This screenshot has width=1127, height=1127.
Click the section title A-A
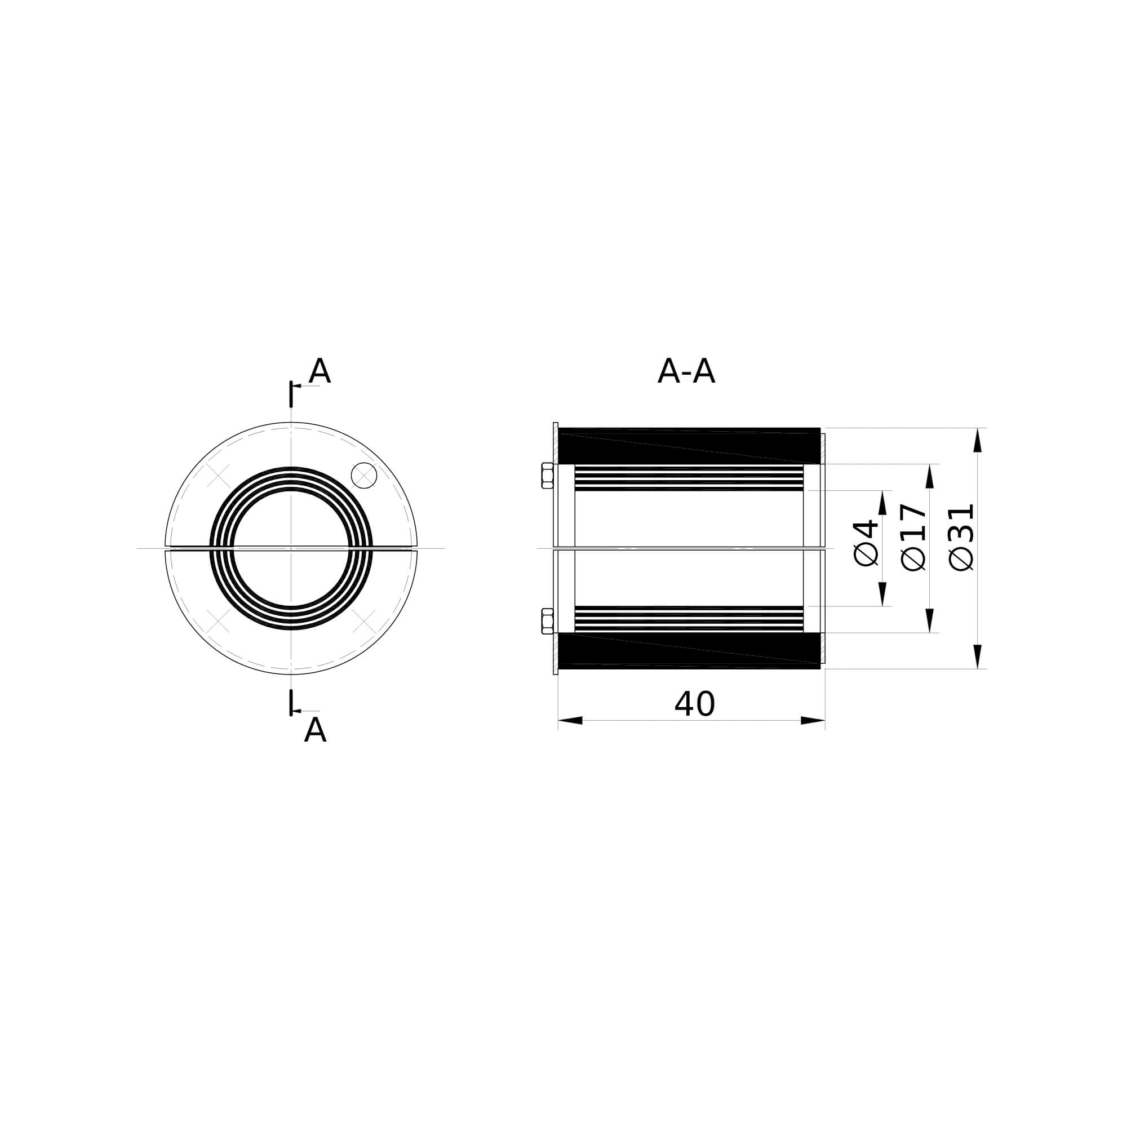click(x=686, y=371)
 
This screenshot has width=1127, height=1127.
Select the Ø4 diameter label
click(x=866, y=543)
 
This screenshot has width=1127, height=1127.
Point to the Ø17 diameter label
click(x=913, y=537)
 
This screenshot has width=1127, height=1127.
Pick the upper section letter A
click(x=319, y=371)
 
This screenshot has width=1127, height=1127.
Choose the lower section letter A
click(x=315, y=730)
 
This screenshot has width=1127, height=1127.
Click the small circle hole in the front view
click(x=364, y=476)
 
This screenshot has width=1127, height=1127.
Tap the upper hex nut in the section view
click(x=547, y=476)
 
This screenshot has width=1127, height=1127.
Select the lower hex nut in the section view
click(x=547, y=620)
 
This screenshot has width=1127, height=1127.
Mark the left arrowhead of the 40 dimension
click(x=570, y=720)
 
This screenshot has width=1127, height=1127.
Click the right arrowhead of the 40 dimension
click(x=813, y=720)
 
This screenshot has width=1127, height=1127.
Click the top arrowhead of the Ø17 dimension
click(x=930, y=476)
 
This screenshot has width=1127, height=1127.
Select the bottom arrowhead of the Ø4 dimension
click(x=882, y=594)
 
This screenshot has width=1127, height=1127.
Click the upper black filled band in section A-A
click(x=689, y=446)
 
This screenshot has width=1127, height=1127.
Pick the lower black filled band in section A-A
click(x=689, y=650)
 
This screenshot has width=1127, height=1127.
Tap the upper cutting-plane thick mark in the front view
click(x=291, y=394)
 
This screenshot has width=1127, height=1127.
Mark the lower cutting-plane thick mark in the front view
click(x=291, y=702)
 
